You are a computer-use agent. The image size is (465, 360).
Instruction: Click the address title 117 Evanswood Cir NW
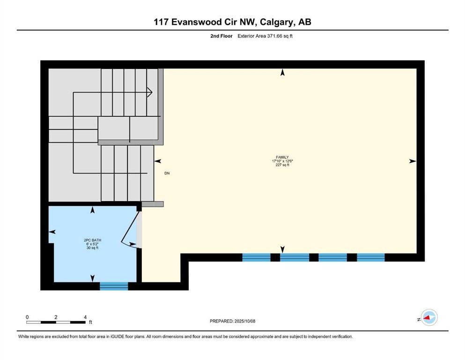232,22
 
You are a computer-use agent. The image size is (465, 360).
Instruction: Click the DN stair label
167,173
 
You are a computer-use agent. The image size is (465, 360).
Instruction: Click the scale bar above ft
56,322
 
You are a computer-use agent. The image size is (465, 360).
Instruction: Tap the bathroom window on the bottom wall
114,285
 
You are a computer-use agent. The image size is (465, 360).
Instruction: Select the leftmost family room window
256,257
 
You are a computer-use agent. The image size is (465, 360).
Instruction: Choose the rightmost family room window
371,257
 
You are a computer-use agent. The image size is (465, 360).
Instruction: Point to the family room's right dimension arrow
412,161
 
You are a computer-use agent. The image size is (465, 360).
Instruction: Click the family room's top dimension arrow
282,72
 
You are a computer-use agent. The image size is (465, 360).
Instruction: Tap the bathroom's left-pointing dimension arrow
52,232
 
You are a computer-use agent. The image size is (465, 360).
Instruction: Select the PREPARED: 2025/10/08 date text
232,321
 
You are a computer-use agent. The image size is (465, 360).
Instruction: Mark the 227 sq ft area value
282,165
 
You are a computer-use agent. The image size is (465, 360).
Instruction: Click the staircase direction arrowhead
150,92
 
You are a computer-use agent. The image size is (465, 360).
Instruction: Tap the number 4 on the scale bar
85,317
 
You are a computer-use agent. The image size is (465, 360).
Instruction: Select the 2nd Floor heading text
221,36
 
